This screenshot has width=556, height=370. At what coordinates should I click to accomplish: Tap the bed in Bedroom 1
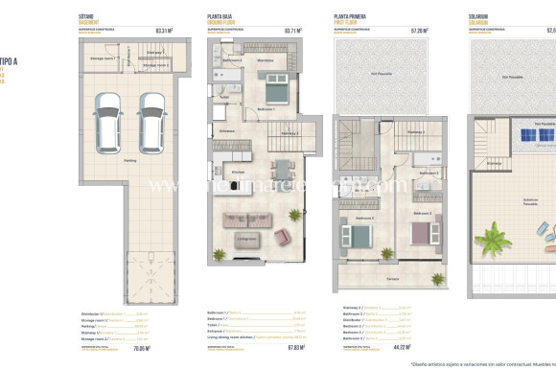[273, 91]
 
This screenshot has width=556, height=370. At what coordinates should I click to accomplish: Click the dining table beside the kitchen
[280, 173]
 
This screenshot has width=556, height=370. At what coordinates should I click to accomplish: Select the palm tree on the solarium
[498, 233]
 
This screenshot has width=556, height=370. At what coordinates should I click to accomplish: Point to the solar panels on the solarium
[527, 138]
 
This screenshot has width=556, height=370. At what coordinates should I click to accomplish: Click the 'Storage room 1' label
[103, 58]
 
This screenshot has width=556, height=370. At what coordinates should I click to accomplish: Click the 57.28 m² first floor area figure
[420, 30]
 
